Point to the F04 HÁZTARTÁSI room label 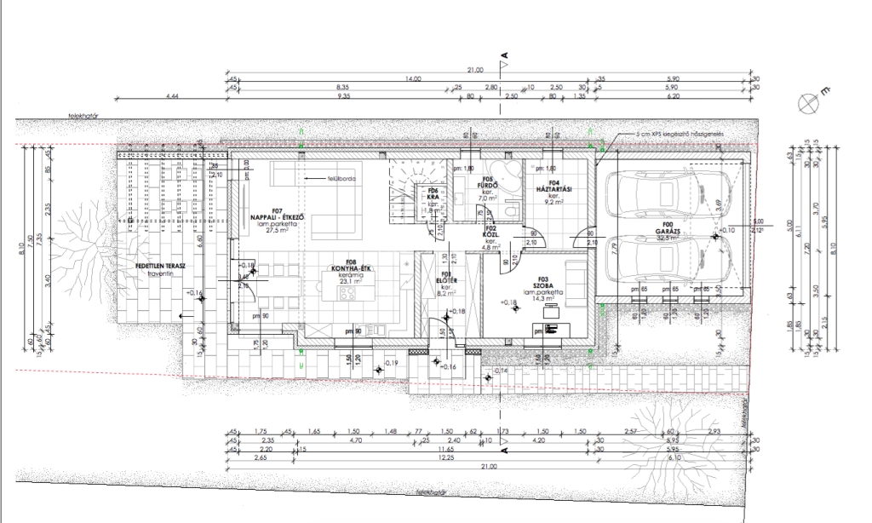[554, 188]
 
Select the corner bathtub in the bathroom [508, 175]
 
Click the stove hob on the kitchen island [348, 294]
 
